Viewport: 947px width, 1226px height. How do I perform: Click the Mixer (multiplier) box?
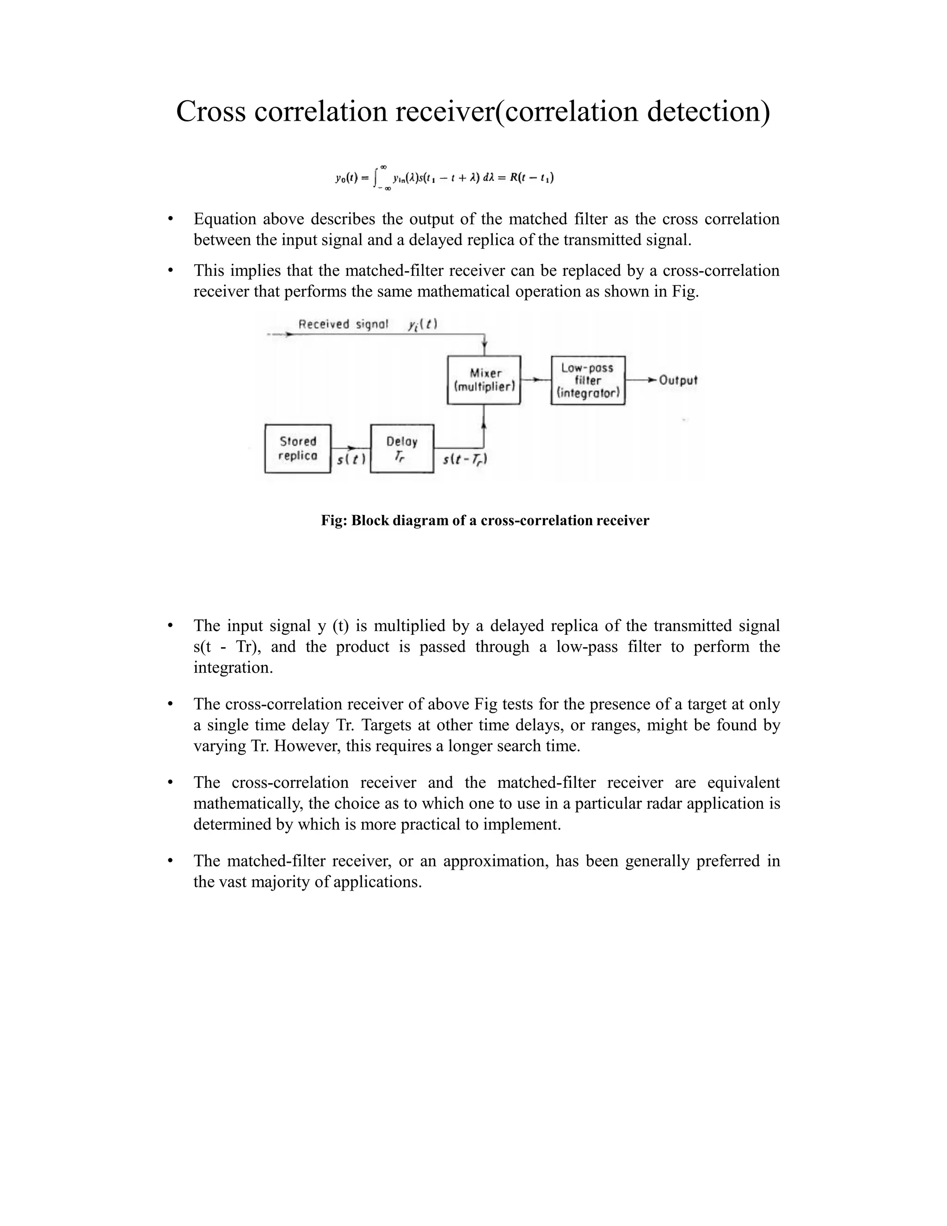pyautogui.click(x=484, y=380)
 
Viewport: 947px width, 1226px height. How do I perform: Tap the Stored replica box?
pyautogui.click(x=297, y=448)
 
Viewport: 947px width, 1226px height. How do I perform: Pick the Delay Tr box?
pyautogui.click(x=402, y=448)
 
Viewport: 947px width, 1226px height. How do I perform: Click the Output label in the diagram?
pyautogui.click(x=678, y=380)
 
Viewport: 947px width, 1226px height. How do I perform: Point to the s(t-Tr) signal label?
pyautogui.click(x=465, y=460)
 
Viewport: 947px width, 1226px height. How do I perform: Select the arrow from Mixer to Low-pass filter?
pyautogui.click(x=536, y=380)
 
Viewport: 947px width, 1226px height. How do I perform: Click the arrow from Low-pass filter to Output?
pyautogui.click(x=641, y=380)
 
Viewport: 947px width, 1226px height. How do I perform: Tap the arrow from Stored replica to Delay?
pyautogui.click(x=351, y=448)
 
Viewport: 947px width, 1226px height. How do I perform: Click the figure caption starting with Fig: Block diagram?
pyautogui.click(x=485, y=520)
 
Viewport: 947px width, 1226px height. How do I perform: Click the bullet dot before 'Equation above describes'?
pyautogui.click(x=170, y=219)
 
